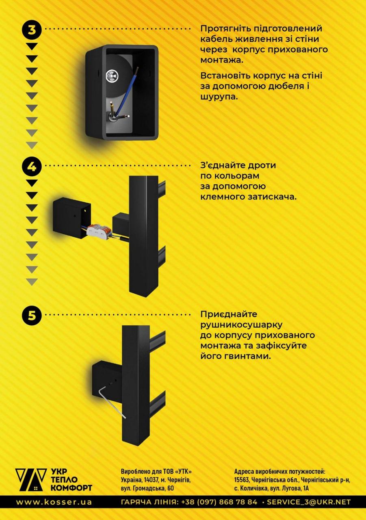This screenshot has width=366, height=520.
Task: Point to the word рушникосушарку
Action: (241, 325)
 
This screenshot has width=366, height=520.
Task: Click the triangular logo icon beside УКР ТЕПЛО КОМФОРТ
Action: (31, 480)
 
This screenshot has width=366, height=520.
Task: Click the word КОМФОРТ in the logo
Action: (71, 487)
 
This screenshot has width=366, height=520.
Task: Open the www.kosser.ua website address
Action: (54, 502)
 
